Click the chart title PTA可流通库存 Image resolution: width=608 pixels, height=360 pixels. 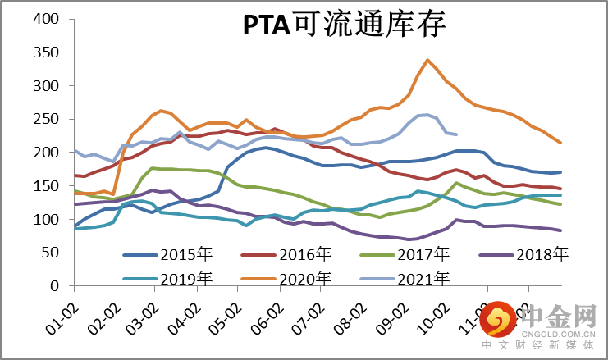pos(345,25)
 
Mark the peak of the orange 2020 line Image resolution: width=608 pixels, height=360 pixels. pos(427,60)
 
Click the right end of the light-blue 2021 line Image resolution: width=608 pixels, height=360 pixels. pos(456,134)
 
